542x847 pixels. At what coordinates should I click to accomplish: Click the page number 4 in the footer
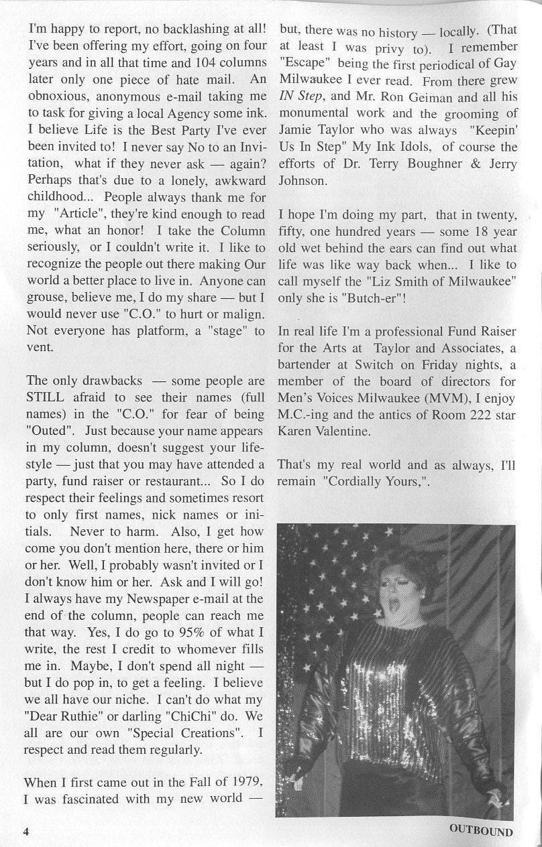coord(26,832)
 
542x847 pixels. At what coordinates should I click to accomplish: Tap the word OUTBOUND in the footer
coord(481,832)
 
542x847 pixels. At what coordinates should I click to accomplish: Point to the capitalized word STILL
coord(48,397)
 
